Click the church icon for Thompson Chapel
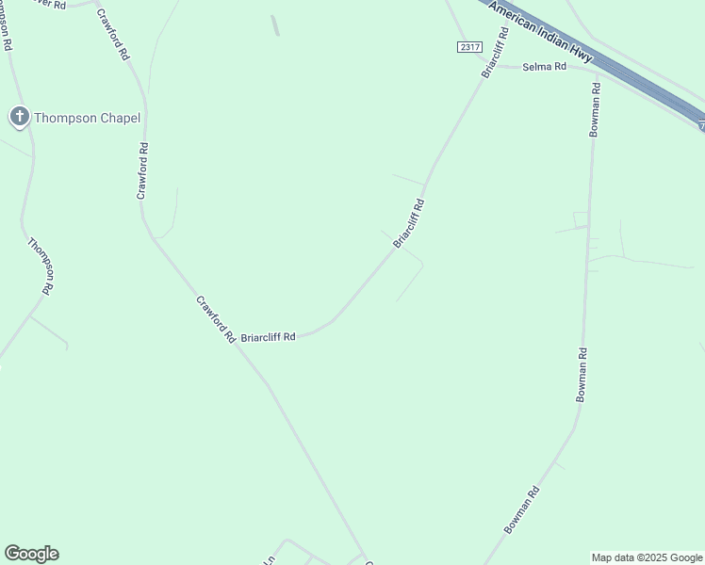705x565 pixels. pyautogui.click(x=19, y=117)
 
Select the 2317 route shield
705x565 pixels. pyautogui.click(x=468, y=47)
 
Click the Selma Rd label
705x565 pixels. pyautogui.click(x=544, y=67)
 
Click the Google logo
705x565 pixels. pyautogui.click(x=31, y=554)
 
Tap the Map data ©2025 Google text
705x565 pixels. pyautogui.click(x=648, y=557)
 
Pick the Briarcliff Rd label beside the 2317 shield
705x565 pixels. pyautogui.click(x=495, y=53)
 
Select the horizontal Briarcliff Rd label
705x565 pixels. pyautogui.click(x=269, y=336)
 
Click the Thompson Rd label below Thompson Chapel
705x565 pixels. pyautogui.click(x=41, y=266)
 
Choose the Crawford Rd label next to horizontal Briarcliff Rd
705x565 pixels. pyautogui.click(x=216, y=319)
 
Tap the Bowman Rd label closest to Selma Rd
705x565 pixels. pyautogui.click(x=595, y=111)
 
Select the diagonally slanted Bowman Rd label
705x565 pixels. pyautogui.click(x=521, y=510)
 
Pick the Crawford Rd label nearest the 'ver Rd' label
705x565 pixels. pyautogui.click(x=112, y=37)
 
